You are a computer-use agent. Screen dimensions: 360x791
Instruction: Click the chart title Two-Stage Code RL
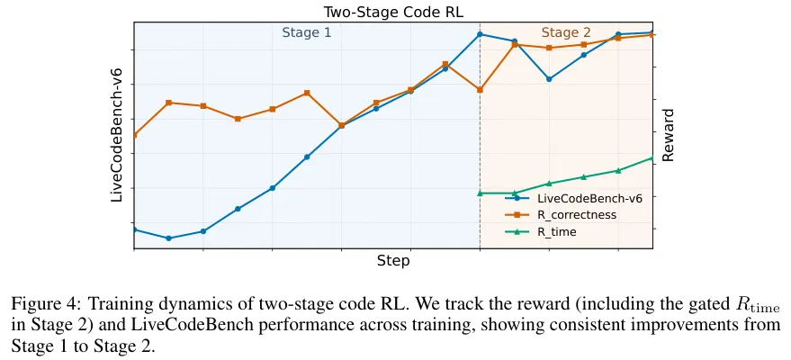(392, 12)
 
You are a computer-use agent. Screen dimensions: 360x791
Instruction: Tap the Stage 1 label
(307, 32)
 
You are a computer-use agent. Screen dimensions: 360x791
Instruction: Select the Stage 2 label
(566, 33)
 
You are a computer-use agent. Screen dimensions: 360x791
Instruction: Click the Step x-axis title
(393, 261)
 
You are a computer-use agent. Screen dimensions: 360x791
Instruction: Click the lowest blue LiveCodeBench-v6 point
(168, 238)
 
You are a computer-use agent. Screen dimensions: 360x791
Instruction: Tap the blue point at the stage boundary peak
(480, 34)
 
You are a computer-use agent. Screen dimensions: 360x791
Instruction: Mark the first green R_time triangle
(480, 193)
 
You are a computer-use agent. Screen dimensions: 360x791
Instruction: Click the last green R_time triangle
(652, 158)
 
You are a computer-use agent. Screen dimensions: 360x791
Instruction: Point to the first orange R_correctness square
(134, 135)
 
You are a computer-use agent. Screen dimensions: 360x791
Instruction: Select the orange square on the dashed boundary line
(480, 90)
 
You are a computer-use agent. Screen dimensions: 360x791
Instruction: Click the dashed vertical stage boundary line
(480, 144)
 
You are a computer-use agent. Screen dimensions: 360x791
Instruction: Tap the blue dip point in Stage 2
(549, 79)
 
